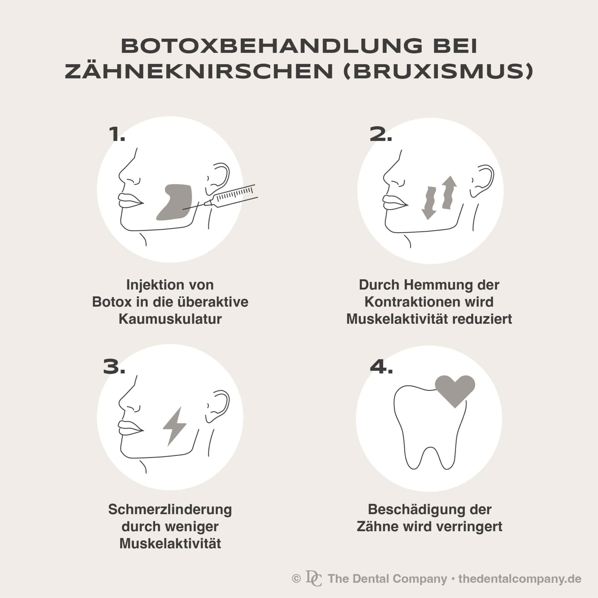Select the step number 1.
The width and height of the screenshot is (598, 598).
[x=117, y=135]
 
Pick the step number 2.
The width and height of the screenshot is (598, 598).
[x=381, y=135]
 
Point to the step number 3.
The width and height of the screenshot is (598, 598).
[x=114, y=367]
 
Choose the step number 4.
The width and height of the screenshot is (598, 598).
[x=381, y=367]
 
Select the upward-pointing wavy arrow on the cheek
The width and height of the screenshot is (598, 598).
[x=448, y=192]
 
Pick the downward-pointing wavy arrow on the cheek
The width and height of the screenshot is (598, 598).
[x=429, y=203]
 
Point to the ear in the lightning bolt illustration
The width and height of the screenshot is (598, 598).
[x=218, y=406]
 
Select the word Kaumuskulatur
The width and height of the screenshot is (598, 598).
[x=170, y=319]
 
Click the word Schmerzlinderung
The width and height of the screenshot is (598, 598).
[x=170, y=509]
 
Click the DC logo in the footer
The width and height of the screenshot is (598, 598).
[x=314, y=578]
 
